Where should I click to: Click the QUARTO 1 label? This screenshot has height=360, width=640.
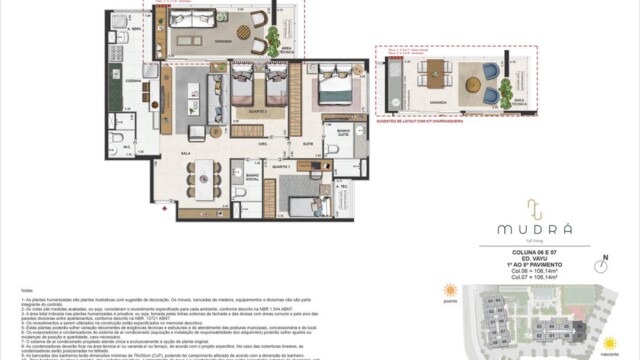(283, 166)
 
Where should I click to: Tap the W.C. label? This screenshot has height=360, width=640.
(127, 146)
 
